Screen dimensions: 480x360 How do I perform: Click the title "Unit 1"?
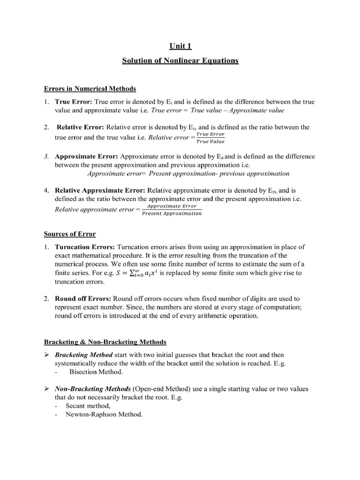click(x=180, y=46)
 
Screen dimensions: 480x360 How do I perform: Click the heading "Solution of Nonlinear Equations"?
click(x=180, y=61)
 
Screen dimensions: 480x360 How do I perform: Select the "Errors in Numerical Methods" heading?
click(x=90, y=89)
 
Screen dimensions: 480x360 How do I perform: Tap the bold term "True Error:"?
click(x=74, y=102)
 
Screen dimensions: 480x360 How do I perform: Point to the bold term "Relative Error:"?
click(x=81, y=127)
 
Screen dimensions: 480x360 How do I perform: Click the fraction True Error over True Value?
click(x=210, y=138)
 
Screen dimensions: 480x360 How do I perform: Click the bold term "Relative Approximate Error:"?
click(x=100, y=191)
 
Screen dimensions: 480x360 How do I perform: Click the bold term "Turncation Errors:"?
click(x=85, y=247)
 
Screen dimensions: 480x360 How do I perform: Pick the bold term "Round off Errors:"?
click(x=83, y=299)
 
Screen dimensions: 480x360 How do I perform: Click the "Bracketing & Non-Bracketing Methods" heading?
click(x=105, y=342)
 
